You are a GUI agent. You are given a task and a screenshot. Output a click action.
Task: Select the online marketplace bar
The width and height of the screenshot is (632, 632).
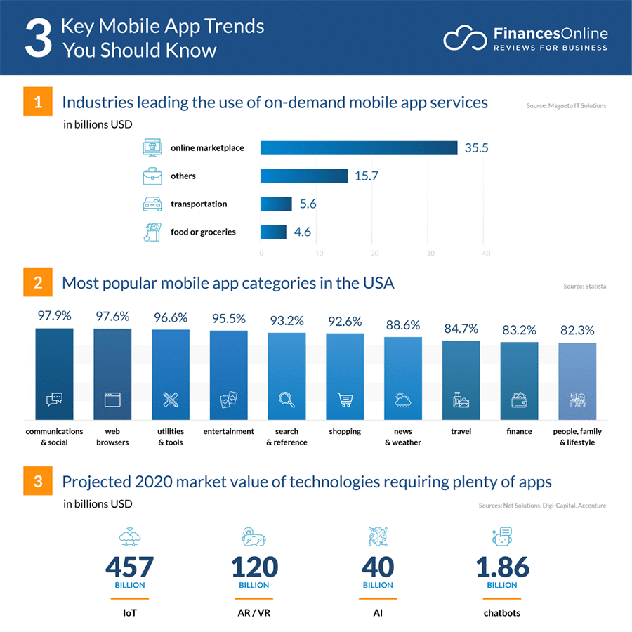click(359, 147)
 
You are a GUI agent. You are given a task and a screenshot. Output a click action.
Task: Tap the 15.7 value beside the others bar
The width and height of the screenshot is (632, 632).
click(366, 176)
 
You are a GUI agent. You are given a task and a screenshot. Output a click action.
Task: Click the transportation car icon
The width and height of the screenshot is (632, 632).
click(152, 204)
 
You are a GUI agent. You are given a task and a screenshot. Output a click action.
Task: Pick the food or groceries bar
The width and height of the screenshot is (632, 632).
click(273, 232)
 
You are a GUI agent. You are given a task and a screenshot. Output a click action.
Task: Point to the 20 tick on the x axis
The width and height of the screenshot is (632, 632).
click(374, 254)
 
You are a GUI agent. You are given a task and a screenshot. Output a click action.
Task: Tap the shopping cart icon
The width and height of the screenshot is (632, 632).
click(345, 400)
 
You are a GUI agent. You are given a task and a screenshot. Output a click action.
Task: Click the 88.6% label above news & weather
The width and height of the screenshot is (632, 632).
click(402, 325)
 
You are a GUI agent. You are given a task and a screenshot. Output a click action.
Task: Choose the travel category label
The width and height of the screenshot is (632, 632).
click(461, 431)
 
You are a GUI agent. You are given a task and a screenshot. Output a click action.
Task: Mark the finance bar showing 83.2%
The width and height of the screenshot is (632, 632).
click(519, 380)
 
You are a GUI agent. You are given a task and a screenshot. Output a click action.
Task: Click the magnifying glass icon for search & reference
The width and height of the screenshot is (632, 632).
click(287, 400)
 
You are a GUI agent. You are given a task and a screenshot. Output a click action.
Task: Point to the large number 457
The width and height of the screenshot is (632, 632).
click(129, 566)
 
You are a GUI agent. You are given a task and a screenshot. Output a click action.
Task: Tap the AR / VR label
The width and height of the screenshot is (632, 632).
click(254, 613)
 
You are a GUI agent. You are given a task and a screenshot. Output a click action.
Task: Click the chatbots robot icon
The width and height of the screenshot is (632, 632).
click(502, 537)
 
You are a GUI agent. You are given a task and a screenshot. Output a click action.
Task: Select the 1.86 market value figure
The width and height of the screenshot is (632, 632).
click(502, 566)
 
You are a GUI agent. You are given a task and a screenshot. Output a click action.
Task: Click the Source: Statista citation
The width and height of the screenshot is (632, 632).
click(584, 287)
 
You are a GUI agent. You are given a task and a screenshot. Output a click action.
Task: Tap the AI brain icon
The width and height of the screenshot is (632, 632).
click(378, 537)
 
